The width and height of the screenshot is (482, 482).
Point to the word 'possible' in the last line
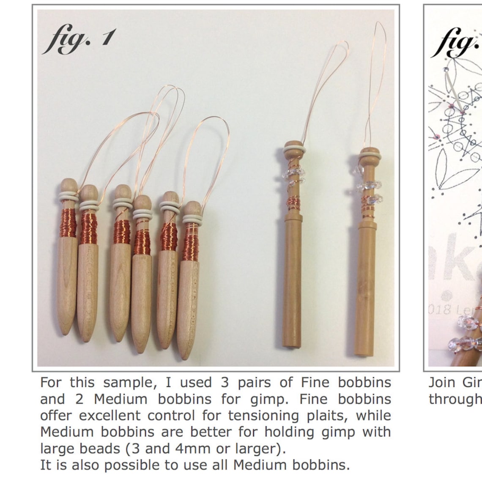(x=133, y=465)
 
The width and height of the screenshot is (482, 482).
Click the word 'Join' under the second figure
(x=442, y=383)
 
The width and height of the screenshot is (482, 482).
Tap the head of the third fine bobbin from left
(x=123, y=192)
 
